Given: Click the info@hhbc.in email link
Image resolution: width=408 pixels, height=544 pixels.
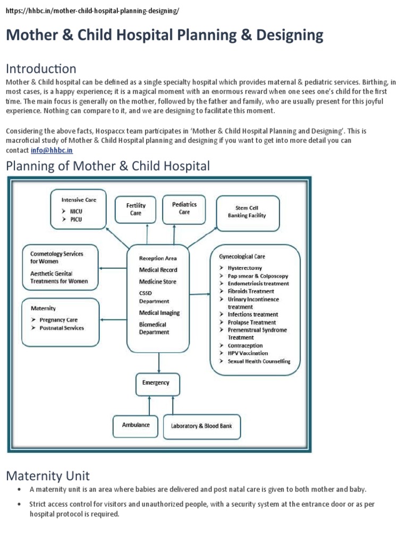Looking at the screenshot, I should tap(51, 150).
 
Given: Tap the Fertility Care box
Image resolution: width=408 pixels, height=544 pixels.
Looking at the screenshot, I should tap(136, 209).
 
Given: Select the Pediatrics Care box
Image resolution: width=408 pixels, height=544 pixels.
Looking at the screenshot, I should tap(184, 208).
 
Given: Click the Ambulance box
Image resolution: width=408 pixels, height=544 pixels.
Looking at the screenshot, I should tap(135, 425).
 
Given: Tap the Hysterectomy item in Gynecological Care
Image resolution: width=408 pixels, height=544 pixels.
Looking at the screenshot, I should tap(244, 268).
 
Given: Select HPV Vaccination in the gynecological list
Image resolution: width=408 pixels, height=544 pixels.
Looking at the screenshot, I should tap(248, 353).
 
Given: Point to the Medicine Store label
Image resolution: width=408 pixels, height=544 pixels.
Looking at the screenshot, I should tap(158, 282).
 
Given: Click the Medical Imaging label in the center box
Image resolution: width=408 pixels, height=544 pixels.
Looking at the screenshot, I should tap(159, 313).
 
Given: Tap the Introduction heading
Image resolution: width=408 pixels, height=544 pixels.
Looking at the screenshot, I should tap(41, 69).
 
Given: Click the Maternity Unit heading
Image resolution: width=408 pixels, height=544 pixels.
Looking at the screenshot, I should tap(48, 475).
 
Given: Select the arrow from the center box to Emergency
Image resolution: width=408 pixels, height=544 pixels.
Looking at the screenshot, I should tap(159, 362).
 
